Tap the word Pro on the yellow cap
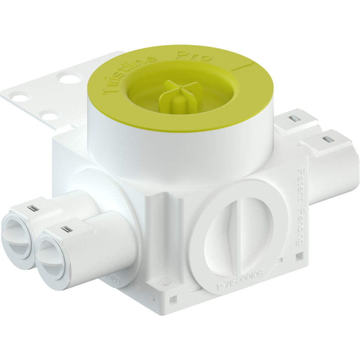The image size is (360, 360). click(194, 57)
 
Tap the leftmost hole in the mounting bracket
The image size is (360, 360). click(19, 98)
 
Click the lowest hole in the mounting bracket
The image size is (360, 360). click(48, 114)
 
